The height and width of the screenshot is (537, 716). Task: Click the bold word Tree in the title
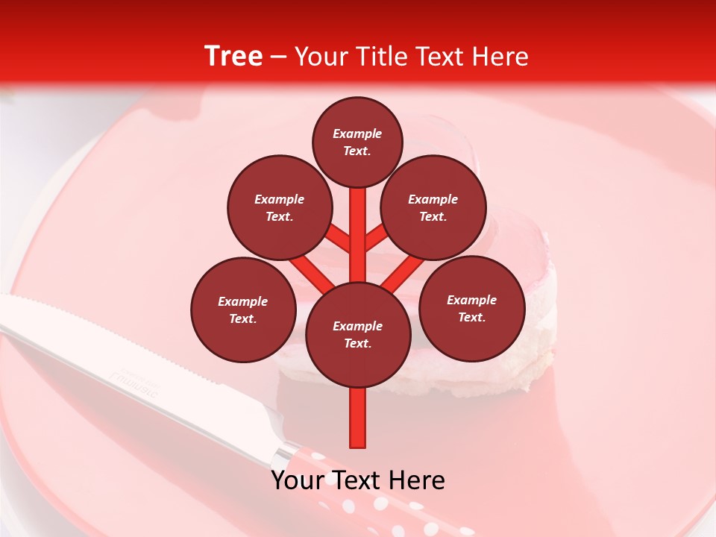[233, 56]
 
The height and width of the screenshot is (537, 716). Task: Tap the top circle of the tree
[357, 142]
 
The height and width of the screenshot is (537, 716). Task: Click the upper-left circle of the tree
[279, 207]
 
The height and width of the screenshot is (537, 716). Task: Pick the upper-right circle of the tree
[433, 207]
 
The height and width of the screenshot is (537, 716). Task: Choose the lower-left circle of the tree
[243, 310]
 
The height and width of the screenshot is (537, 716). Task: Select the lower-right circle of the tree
[471, 308]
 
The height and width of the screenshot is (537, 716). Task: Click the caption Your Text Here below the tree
[358, 480]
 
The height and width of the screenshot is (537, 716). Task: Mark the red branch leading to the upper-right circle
[377, 239]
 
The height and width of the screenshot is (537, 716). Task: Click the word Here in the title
[503, 57]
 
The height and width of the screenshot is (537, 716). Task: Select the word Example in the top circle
[357, 134]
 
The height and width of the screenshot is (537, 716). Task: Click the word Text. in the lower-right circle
[471, 317]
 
